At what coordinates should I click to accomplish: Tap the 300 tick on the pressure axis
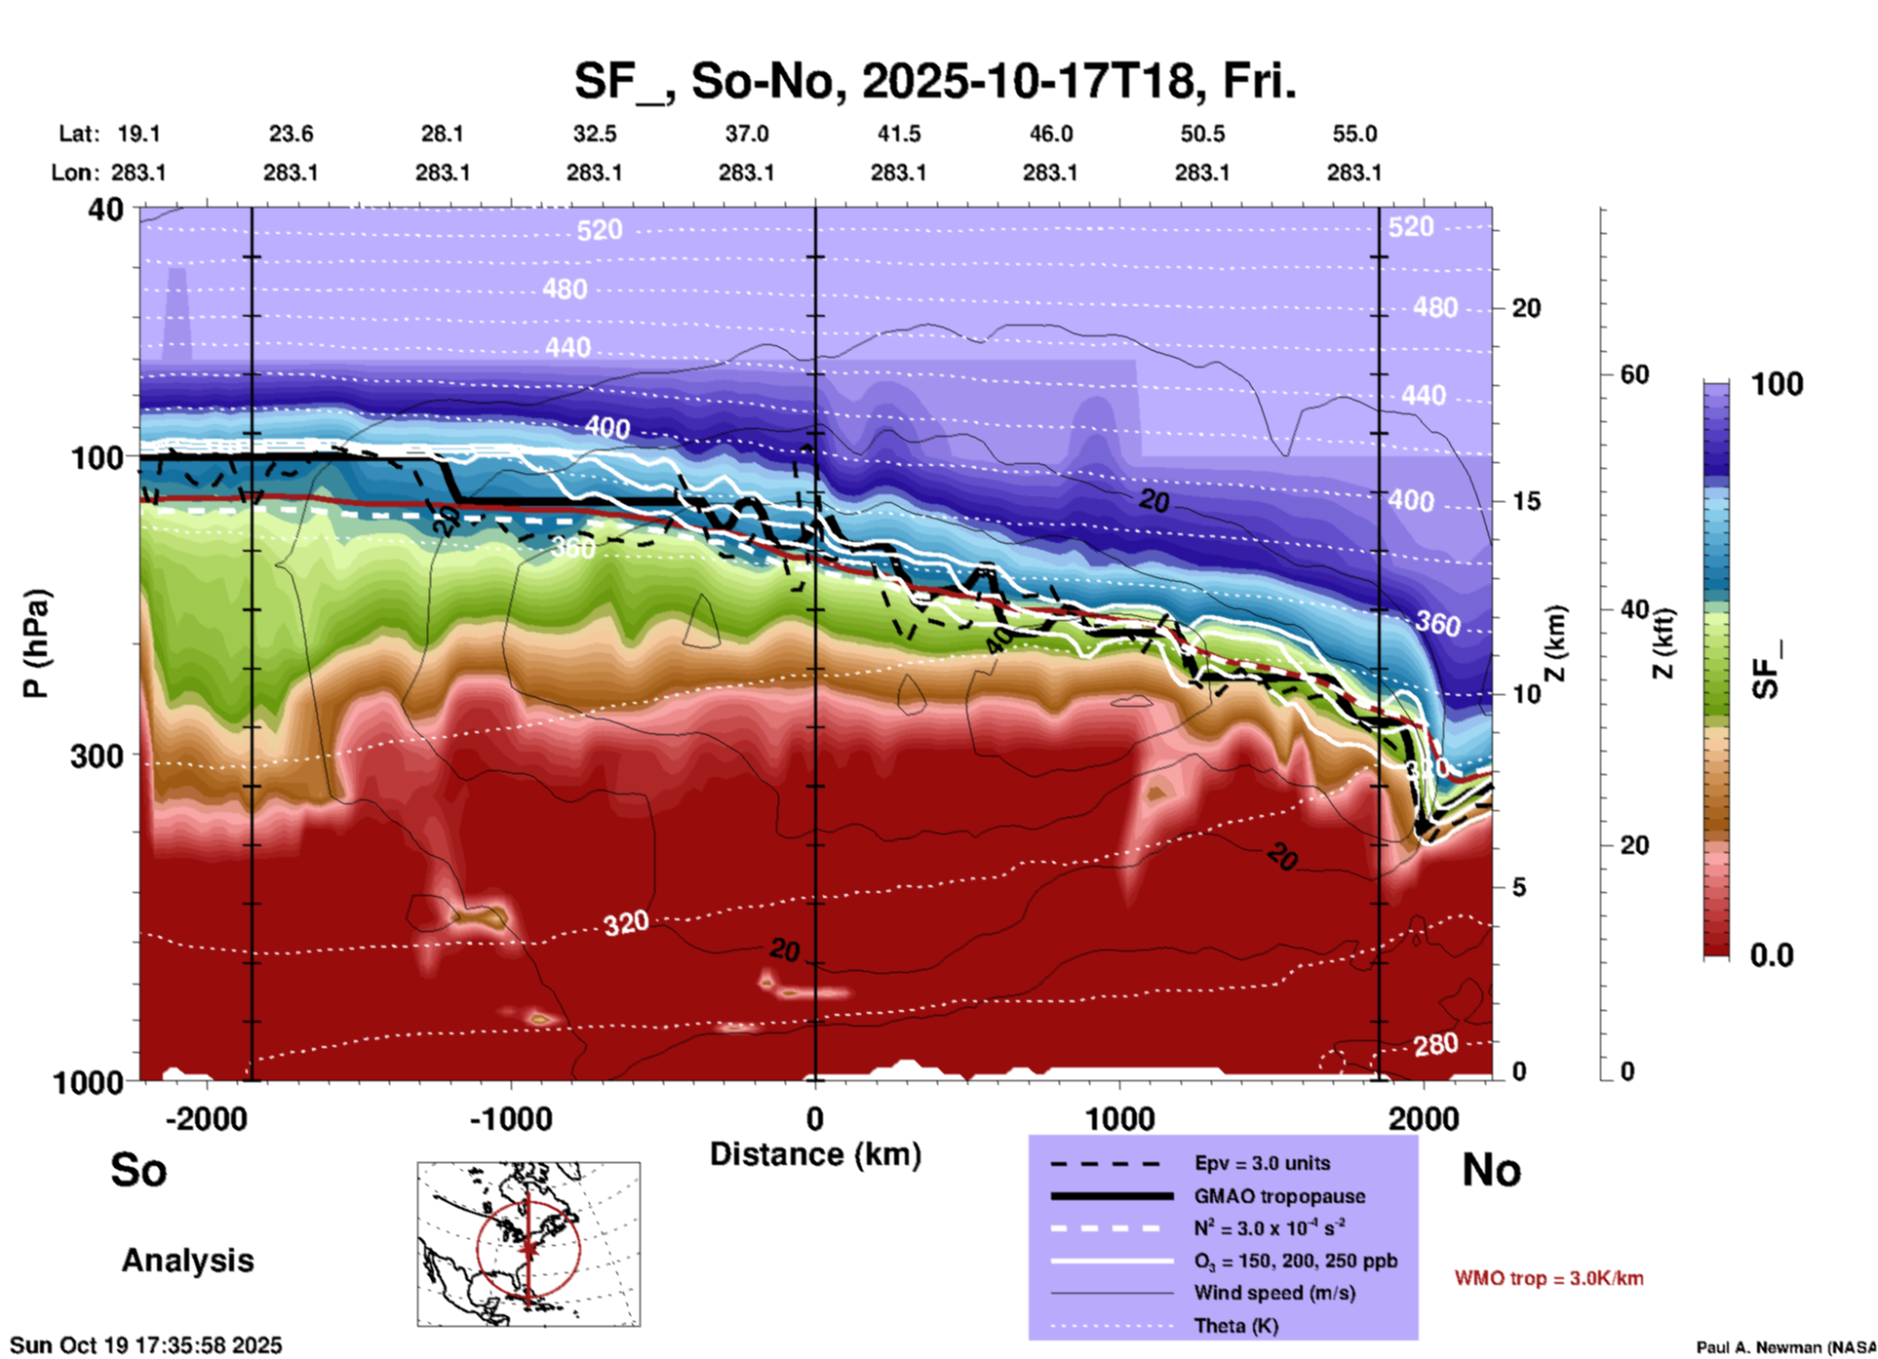[x=98, y=756]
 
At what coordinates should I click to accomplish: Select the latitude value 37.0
[x=746, y=134]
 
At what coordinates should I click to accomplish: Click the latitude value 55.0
[x=1354, y=134]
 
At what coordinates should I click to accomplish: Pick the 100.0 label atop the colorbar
[x=1776, y=384]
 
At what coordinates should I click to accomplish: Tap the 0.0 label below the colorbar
[x=1771, y=954]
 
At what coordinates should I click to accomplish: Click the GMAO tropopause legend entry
[x=1279, y=1196]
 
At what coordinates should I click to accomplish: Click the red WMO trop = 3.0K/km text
[x=1548, y=1278]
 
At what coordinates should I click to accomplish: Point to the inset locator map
[x=528, y=1243]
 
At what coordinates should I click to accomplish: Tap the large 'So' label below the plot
[x=138, y=1169]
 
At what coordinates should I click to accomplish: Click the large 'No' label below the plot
[x=1491, y=1169]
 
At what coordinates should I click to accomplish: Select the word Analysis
[x=187, y=1261]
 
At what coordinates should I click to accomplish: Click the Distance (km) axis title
[x=815, y=1154]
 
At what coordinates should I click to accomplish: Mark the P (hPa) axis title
[x=36, y=643]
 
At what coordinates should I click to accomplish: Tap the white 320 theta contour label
[x=625, y=922]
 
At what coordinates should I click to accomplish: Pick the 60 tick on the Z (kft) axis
[x=1634, y=374]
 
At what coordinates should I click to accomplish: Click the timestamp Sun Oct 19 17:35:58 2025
[x=146, y=1345]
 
